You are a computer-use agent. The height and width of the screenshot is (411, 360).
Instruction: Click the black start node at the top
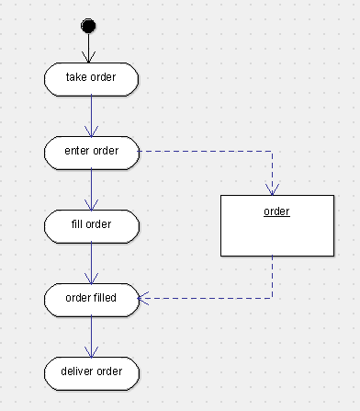[90, 24]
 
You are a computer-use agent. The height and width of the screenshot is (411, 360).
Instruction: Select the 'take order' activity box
[91, 78]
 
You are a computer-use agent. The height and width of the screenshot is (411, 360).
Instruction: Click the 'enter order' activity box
[91, 151]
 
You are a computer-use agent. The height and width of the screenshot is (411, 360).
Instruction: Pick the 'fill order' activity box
[91, 223]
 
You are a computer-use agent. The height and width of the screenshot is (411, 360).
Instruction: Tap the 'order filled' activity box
[91, 297]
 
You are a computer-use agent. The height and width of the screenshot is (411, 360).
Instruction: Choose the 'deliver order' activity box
[91, 371]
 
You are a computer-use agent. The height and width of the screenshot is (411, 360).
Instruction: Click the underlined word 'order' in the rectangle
[276, 212]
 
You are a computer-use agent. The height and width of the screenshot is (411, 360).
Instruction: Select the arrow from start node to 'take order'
[90, 46]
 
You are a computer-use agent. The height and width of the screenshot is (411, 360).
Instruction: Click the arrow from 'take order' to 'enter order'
[91, 114]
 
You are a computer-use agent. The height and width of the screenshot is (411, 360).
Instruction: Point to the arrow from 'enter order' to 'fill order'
[91, 188]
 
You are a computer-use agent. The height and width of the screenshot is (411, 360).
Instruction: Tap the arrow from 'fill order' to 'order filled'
[91, 261]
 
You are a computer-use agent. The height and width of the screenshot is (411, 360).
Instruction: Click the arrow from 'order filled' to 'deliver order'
[91, 335]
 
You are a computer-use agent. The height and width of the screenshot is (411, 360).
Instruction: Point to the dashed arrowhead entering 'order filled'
[144, 297]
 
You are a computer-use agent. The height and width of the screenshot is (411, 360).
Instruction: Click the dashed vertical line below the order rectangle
[272, 276]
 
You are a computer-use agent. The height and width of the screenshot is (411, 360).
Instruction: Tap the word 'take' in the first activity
[75, 78]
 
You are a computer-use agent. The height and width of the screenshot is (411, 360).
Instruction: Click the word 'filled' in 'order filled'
[106, 297]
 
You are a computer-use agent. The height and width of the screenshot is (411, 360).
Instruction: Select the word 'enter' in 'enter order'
[76, 151]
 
